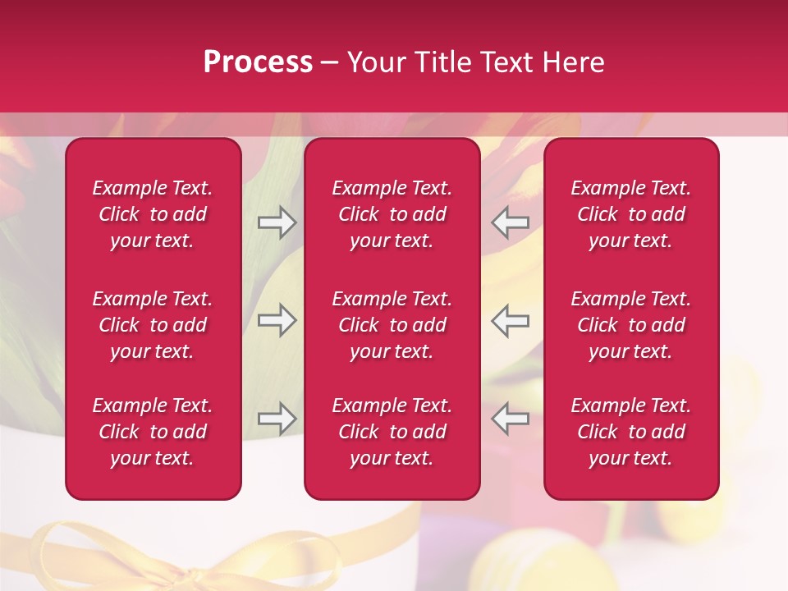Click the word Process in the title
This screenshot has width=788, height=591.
258,62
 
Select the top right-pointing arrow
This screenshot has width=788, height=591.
277,222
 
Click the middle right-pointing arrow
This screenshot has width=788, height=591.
277,320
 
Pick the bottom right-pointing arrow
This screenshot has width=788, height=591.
277,419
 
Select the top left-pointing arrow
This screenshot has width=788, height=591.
511,222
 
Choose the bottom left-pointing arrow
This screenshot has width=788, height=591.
511,419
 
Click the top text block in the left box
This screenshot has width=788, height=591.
153,214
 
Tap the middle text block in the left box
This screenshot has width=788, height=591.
153,325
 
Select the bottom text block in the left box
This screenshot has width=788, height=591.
153,432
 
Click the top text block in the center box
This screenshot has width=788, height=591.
392,214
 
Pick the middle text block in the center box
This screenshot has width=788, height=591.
392,325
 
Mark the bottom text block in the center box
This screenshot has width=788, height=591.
392,432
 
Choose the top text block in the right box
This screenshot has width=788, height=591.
630,214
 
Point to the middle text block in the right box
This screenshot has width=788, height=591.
630,325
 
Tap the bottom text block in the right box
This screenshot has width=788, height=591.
630,432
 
